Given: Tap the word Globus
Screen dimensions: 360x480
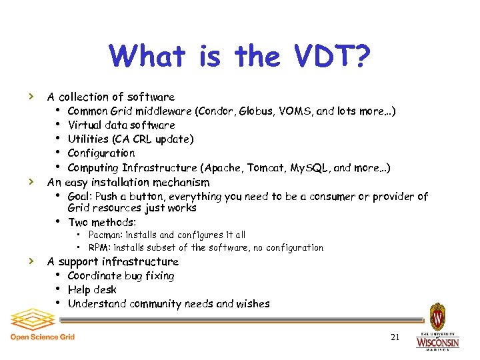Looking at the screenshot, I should coord(255,111).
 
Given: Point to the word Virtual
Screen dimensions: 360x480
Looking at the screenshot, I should coord(85,125).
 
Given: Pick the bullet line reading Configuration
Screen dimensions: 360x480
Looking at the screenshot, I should coord(101,153).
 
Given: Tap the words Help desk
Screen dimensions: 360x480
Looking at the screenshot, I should coord(92,289).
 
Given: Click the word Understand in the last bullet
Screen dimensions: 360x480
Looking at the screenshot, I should coord(97,304).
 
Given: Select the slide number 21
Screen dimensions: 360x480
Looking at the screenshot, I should coord(395,337).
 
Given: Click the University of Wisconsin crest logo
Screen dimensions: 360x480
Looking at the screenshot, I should coord(437,316).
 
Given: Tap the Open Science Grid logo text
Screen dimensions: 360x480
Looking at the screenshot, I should coord(43,337).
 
